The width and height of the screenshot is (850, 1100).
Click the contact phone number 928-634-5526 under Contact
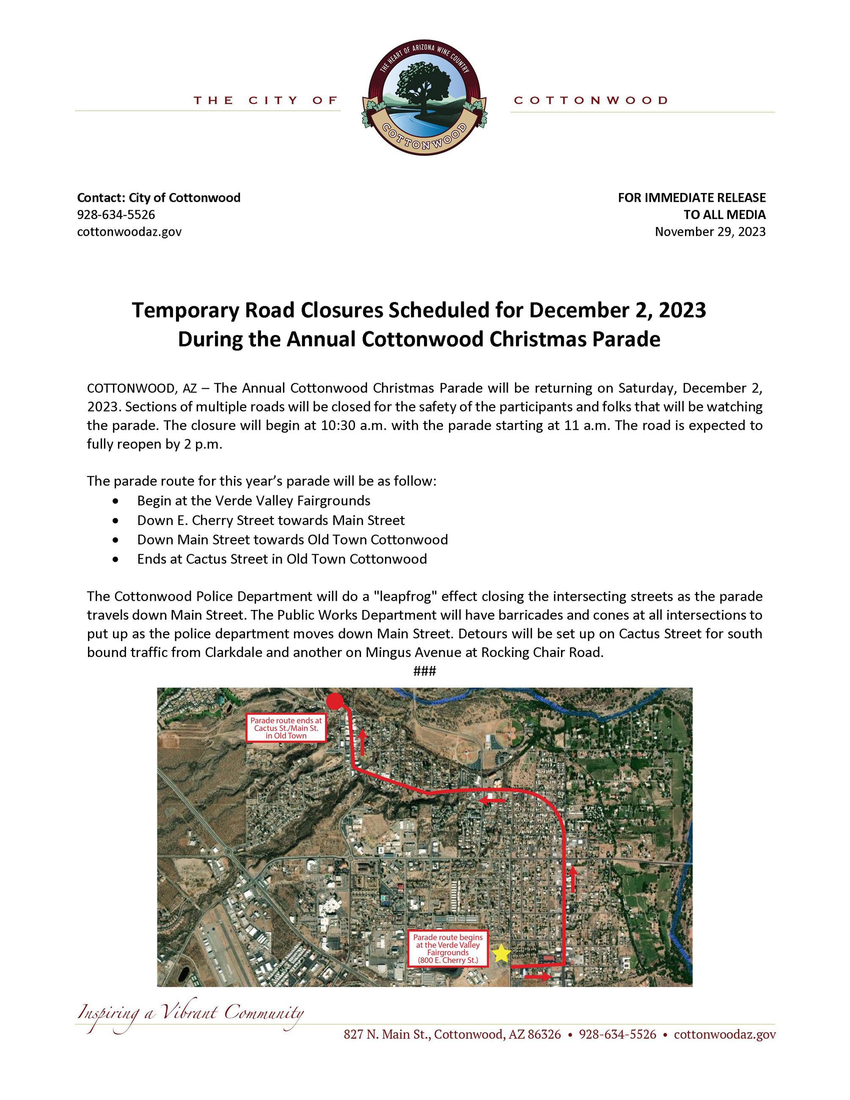(x=116, y=214)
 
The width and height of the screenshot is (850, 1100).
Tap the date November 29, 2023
(x=710, y=232)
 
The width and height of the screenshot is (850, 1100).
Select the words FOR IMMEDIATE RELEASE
(x=691, y=198)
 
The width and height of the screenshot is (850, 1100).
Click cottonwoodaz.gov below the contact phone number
(x=129, y=232)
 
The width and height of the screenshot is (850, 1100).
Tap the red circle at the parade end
(x=336, y=701)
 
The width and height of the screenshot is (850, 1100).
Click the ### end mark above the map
(x=424, y=671)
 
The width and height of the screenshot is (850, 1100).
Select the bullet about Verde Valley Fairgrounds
(x=253, y=500)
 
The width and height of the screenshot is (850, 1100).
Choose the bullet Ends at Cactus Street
(x=281, y=559)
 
